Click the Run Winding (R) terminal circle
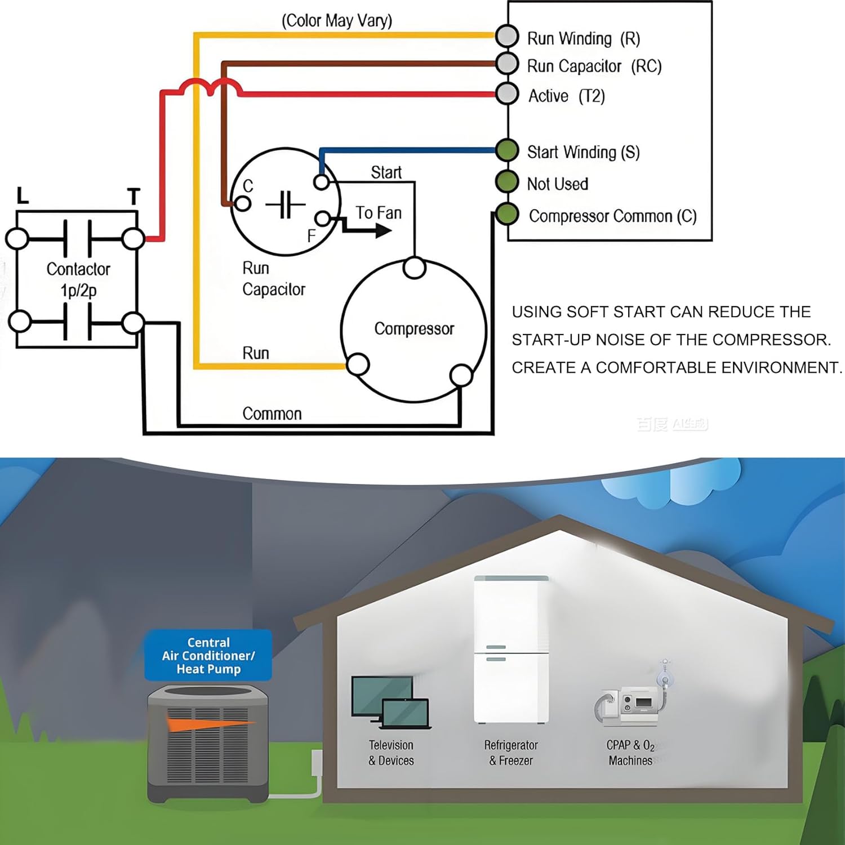coord(507,36)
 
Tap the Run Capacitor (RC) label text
coord(594,66)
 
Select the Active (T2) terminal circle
coord(507,93)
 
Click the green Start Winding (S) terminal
coord(507,150)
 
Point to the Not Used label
coord(557,184)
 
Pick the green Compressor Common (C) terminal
coord(507,214)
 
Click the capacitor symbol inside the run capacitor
coord(286,204)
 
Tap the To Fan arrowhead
coord(384,230)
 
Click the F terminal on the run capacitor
coord(322,219)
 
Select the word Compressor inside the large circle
coord(414,329)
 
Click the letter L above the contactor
coord(23,196)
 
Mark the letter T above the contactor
coord(134,197)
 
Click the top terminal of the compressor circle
coord(415,268)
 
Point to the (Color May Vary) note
coord(337,21)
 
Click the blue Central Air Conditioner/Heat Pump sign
coord(208,656)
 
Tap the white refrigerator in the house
coord(511,650)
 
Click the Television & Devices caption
coord(391,753)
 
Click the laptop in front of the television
coord(406,714)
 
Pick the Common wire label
coord(272,414)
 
